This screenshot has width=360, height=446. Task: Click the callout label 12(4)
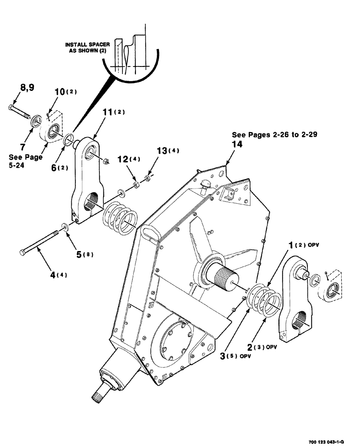[128, 159]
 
